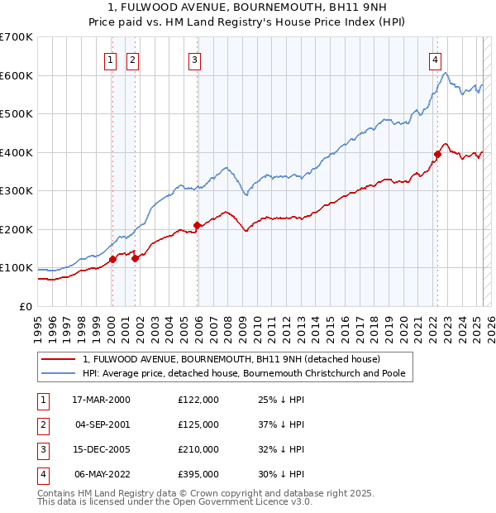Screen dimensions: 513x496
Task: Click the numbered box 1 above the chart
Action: tap(111, 59)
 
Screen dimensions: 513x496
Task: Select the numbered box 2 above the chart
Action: tap(132, 59)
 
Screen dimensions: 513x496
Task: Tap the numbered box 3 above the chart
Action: tap(194, 59)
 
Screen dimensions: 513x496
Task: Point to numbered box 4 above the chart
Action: tap(435, 59)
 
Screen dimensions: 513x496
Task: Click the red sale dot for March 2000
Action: tap(112, 259)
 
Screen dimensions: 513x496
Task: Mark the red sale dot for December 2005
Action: tap(197, 225)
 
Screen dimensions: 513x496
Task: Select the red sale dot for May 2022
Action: tap(437, 154)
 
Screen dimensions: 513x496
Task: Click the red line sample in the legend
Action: tap(58, 360)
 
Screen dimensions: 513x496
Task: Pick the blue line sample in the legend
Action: tap(58, 373)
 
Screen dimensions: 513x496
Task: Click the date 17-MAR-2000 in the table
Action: tap(100, 400)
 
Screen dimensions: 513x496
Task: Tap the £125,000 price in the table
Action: tap(198, 424)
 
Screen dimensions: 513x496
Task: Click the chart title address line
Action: tap(248, 9)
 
